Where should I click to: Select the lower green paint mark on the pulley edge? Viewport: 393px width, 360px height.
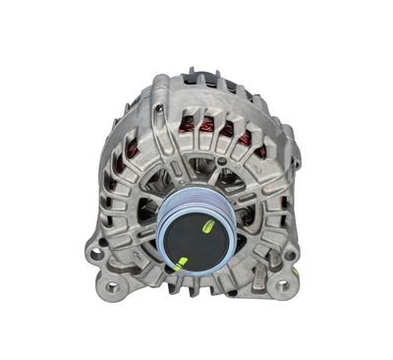(181, 263)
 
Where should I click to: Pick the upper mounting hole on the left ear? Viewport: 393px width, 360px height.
(96, 253)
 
